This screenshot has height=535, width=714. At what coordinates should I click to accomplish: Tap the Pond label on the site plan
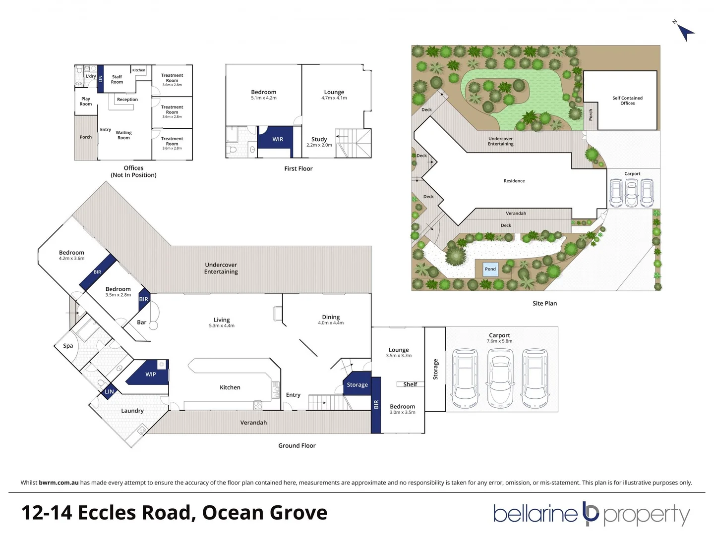click(490, 269)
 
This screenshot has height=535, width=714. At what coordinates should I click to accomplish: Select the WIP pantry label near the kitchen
click(151, 374)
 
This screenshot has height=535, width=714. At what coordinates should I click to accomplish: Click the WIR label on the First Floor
click(278, 139)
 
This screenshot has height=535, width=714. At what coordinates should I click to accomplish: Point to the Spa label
click(68, 346)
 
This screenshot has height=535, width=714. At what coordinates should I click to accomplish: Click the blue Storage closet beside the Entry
click(357, 384)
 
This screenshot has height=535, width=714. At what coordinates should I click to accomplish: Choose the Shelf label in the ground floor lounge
click(410, 384)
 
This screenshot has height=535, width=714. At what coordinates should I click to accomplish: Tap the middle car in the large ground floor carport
click(500, 378)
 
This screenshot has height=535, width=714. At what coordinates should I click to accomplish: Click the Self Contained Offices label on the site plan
click(627, 101)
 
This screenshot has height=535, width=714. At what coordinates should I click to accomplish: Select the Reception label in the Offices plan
click(127, 100)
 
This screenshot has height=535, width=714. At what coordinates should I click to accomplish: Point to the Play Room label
click(86, 102)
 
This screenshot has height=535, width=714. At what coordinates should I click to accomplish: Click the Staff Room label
click(117, 79)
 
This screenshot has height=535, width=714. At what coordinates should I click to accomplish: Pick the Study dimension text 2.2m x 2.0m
click(319, 145)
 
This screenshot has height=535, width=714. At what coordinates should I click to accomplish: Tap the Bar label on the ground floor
click(142, 322)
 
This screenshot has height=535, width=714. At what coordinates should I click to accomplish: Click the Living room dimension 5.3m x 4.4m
click(222, 326)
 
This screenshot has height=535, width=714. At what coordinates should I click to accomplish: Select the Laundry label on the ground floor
click(132, 411)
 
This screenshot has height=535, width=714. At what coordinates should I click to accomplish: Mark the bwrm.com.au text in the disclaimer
click(59, 482)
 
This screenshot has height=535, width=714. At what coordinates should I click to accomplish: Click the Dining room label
click(331, 317)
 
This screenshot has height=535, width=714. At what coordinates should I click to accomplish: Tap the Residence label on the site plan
click(514, 181)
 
